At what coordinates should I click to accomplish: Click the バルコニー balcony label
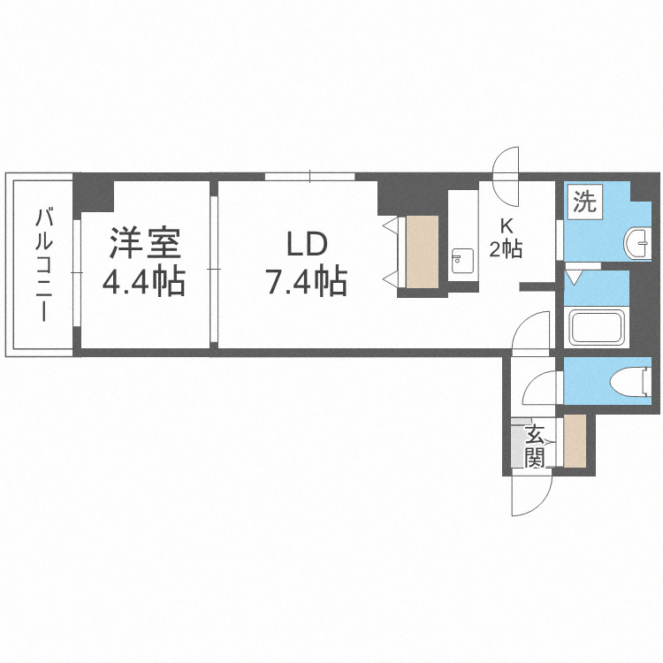tap(44, 265)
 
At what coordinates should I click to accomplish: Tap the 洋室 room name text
tap(145, 243)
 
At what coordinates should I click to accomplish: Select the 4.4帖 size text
tap(144, 281)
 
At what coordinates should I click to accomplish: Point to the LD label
tap(308, 244)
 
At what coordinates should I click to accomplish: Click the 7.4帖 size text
tap(306, 281)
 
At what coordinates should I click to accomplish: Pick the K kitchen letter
tap(507, 227)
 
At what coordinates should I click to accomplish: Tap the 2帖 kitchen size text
tap(506, 249)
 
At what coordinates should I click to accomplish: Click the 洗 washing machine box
tap(585, 202)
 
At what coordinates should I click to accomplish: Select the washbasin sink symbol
tap(637, 242)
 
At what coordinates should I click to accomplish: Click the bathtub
tap(597, 327)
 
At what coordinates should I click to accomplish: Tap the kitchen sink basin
tap(462, 261)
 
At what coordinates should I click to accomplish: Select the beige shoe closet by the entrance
tap(575, 440)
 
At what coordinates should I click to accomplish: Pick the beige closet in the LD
tap(422, 252)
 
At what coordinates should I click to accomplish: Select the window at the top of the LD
tap(310, 177)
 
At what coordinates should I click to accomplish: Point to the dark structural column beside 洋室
tap(94, 194)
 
